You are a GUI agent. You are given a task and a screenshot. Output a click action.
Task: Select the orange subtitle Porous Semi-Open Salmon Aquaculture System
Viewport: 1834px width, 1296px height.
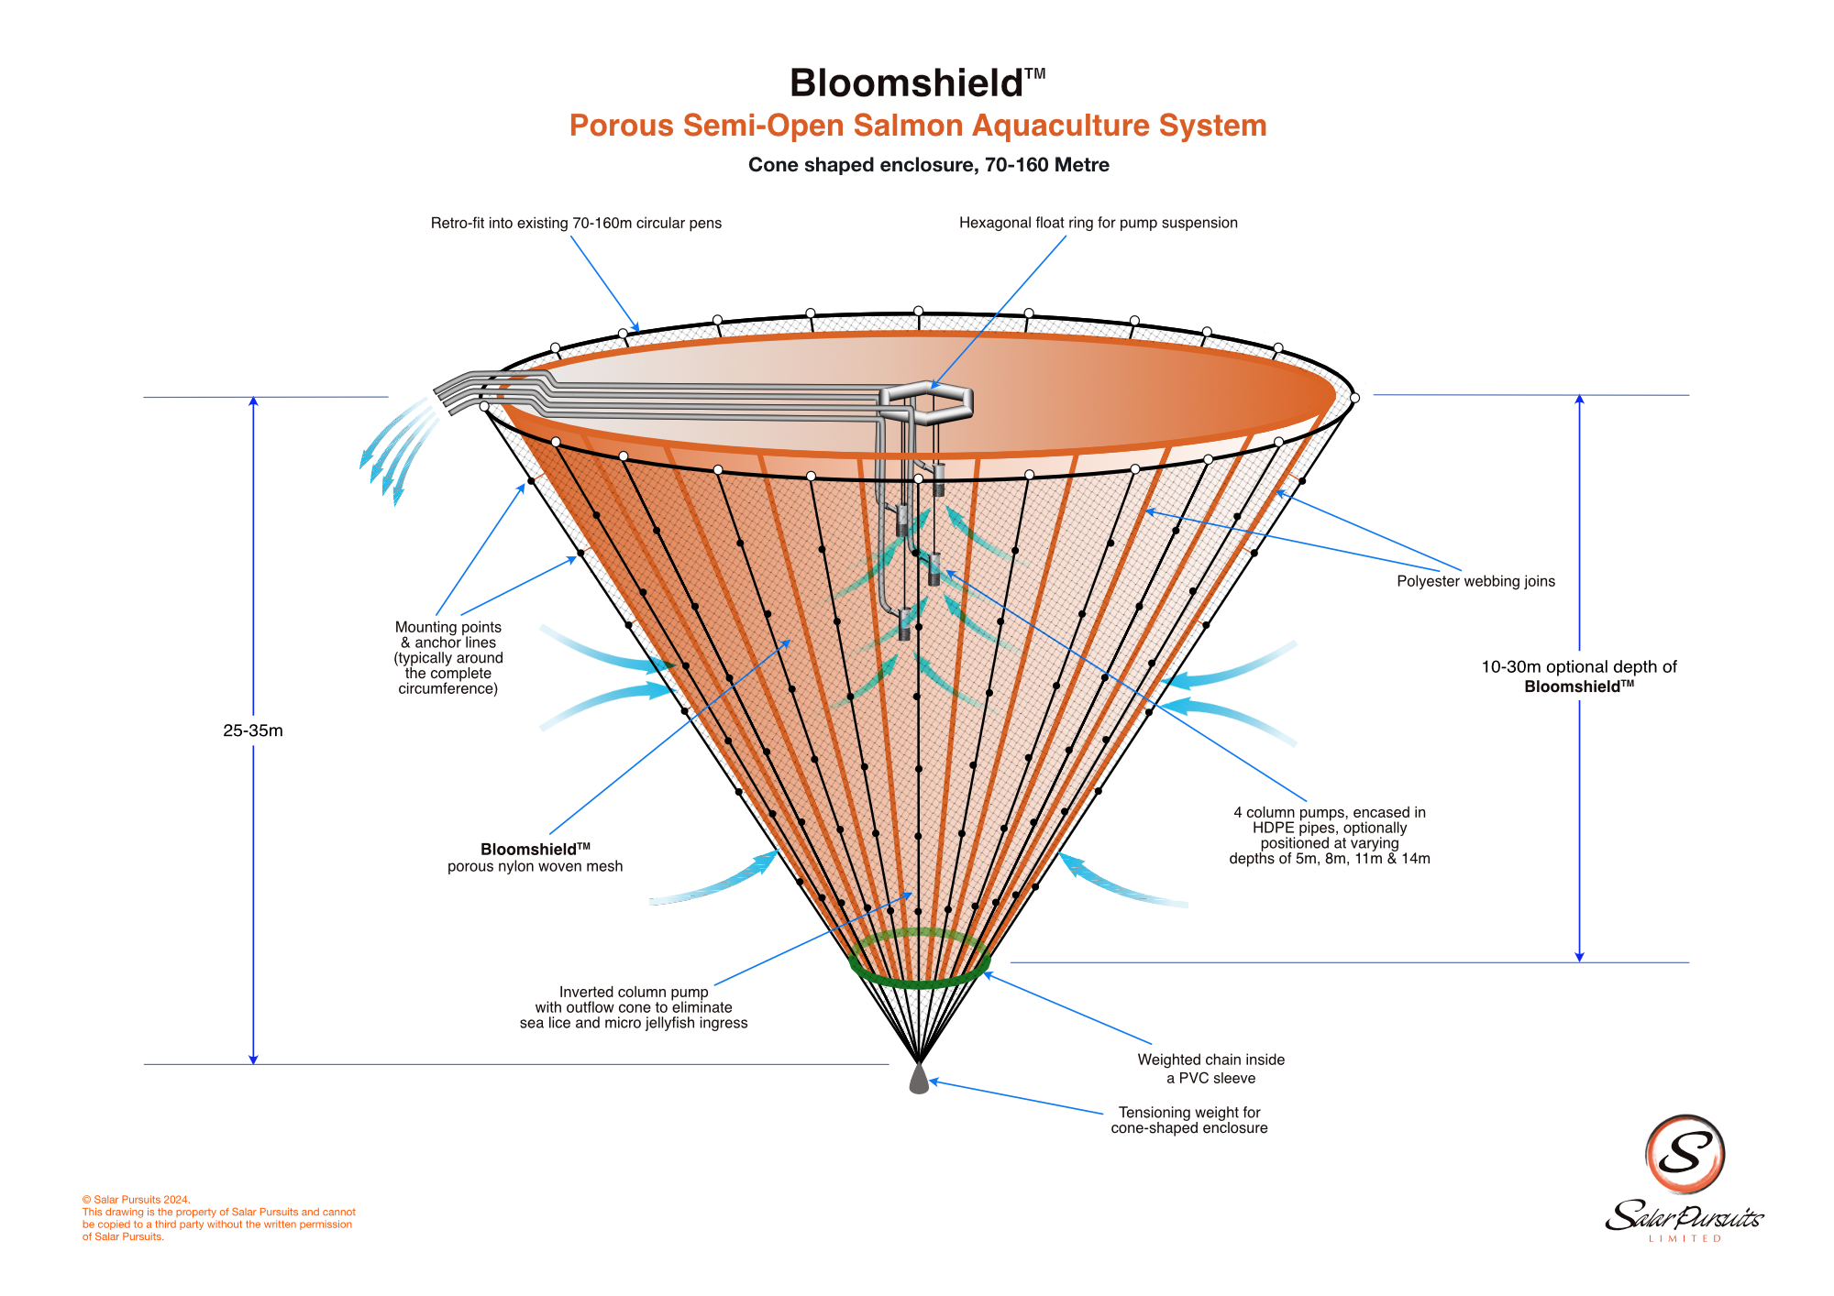(917, 126)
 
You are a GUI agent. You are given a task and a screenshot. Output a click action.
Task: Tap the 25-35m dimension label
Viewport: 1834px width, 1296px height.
(253, 730)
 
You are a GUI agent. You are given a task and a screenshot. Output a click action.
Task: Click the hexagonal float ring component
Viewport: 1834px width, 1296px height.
(926, 401)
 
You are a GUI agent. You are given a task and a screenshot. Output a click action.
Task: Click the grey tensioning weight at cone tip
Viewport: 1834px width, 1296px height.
(919, 1080)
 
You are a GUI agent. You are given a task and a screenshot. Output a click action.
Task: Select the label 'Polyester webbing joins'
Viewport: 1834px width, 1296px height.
(1475, 581)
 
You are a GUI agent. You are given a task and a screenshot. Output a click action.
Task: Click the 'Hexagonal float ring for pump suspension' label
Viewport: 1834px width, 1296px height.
(1098, 223)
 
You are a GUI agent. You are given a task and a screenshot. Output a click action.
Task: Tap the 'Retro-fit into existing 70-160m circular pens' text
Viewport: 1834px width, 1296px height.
(576, 223)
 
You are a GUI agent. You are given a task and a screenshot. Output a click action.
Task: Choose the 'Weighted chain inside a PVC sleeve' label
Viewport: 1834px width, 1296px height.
(1210, 1069)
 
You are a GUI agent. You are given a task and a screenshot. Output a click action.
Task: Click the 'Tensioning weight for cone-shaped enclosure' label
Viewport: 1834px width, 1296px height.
(1189, 1120)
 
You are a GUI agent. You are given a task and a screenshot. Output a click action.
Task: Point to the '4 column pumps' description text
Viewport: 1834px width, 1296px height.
(1330, 835)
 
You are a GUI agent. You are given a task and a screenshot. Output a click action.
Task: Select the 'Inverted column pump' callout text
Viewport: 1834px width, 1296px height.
(634, 1007)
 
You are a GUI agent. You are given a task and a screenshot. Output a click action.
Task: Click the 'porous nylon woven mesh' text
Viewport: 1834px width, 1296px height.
(535, 866)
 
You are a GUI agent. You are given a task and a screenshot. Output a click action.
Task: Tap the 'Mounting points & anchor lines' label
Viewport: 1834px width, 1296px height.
(448, 657)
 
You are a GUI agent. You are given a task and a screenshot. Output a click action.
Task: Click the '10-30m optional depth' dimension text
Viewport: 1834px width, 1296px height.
(1579, 676)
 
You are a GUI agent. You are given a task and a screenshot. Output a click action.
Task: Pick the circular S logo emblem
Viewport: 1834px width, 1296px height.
(1685, 1154)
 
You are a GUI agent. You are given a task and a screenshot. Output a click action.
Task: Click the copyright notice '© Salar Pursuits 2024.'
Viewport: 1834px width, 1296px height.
(137, 1200)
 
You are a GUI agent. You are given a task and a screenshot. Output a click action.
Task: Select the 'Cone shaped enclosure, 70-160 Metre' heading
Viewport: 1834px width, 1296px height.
(928, 165)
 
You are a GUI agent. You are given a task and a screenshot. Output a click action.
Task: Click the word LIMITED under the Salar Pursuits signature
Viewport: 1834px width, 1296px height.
(1685, 1239)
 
